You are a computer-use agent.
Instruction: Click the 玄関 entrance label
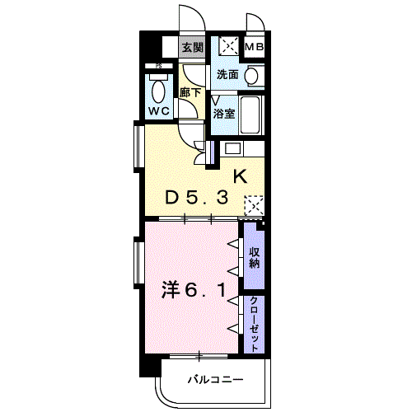tap(193, 48)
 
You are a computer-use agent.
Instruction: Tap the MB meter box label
tap(255, 47)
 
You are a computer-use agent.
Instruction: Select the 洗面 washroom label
tap(227, 74)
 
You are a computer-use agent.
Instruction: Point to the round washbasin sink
tap(251, 76)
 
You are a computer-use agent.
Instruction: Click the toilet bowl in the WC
tap(158, 91)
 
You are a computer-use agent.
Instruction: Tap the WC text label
tap(159, 111)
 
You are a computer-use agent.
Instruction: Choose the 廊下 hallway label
tap(190, 92)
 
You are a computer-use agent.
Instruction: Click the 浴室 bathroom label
tap(224, 113)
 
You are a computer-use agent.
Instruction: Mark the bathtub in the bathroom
tap(250, 115)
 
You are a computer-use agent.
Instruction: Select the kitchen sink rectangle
tap(232, 148)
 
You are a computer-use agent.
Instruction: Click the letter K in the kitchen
tap(240, 176)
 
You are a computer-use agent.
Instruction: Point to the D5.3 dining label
tap(196, 198)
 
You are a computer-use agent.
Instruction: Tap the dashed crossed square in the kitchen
tap(254, 205)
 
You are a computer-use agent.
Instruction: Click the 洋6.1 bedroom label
tap(194, 290)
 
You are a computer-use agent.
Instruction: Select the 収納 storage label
tap(255, 258)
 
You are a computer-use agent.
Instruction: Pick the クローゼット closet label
tap(255, 325)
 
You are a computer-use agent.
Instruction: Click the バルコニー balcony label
tap(216, 380)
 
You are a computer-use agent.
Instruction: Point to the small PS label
tap(158, 66)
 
